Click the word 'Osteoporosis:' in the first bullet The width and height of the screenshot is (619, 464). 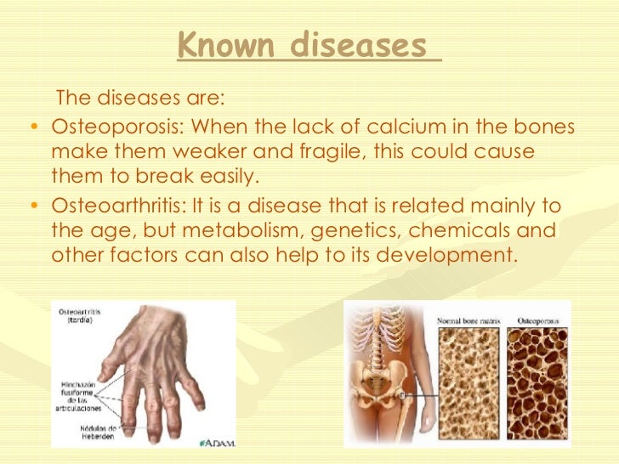pyautogui.click(x=116, y=128)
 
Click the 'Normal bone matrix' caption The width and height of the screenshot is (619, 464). pyautogui.click(x=471, y=322)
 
